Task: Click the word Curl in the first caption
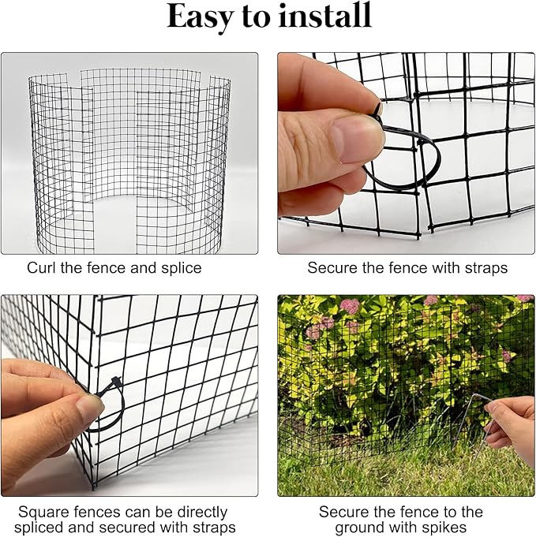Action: (x=41, y=268)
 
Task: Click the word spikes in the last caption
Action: (x=446, y=528)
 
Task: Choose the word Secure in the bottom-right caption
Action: (x=342, y=513)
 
